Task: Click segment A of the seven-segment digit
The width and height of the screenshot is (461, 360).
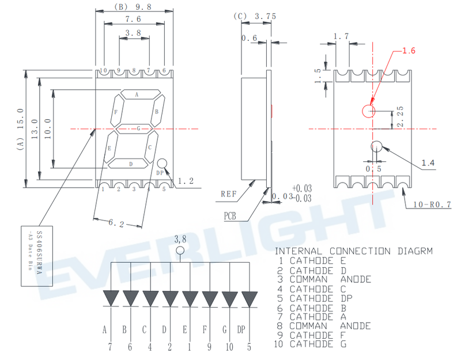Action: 137,94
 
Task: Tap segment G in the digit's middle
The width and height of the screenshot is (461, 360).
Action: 136,128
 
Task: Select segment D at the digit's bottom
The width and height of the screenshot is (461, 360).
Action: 130,164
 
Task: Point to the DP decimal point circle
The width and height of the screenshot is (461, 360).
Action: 163,164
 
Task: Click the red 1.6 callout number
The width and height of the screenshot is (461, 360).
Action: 409,51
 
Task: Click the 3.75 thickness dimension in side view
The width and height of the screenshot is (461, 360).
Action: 264,17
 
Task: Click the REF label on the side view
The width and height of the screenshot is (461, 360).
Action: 230,194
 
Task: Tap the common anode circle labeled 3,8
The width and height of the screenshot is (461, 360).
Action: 180,251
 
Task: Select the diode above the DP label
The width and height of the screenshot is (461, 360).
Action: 249,299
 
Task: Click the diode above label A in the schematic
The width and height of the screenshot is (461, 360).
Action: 111,299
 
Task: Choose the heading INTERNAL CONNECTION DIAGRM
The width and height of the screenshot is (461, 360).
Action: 353,251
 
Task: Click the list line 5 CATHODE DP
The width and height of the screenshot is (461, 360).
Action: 318,298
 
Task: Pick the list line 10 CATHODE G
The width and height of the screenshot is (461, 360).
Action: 318,344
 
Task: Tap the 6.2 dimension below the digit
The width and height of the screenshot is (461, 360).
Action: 117,222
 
